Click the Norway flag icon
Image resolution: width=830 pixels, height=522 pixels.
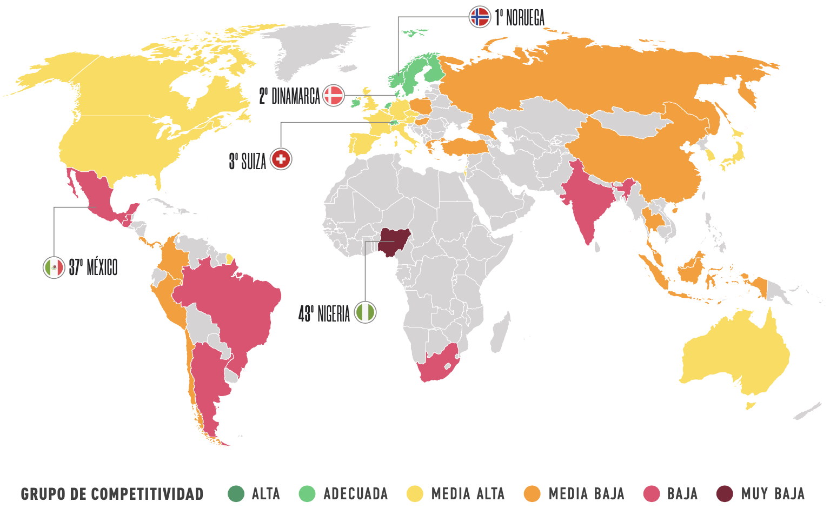[480, 17]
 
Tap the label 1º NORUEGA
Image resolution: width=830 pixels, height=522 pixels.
[520, 18]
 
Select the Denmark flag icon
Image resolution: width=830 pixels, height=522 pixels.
[334, 96]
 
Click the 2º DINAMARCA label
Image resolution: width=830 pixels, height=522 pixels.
[290, 96]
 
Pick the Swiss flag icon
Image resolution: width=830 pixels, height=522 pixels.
[281, 159]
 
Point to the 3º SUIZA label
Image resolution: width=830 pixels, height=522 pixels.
[248, 161]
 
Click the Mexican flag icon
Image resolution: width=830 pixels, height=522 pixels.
[54, 267]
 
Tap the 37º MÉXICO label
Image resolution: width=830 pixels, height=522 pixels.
[93, 267]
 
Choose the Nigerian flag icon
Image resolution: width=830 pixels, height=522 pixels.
[365, 312]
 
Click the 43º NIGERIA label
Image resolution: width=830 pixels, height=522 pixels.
[324, 313]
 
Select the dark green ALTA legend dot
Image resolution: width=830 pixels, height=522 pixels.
[236, 494]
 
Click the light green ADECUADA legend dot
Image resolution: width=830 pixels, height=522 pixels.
[307, 494]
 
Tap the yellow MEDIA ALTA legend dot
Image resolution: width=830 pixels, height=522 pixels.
[415, 494]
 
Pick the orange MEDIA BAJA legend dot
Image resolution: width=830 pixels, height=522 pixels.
[532, 494]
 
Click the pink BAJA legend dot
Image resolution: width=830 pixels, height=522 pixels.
[652, 494]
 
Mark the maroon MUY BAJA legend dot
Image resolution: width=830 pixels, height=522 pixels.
[725, 494]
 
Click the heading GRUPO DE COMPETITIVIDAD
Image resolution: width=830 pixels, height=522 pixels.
[112, 494]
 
